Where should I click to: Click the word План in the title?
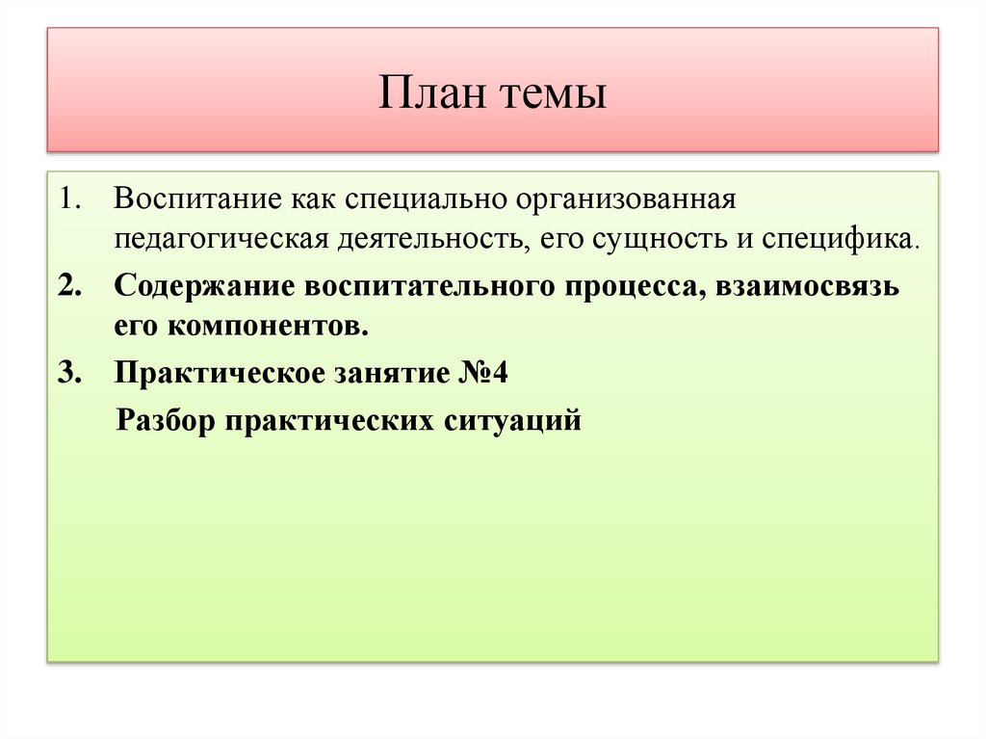tap(429, 95)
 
